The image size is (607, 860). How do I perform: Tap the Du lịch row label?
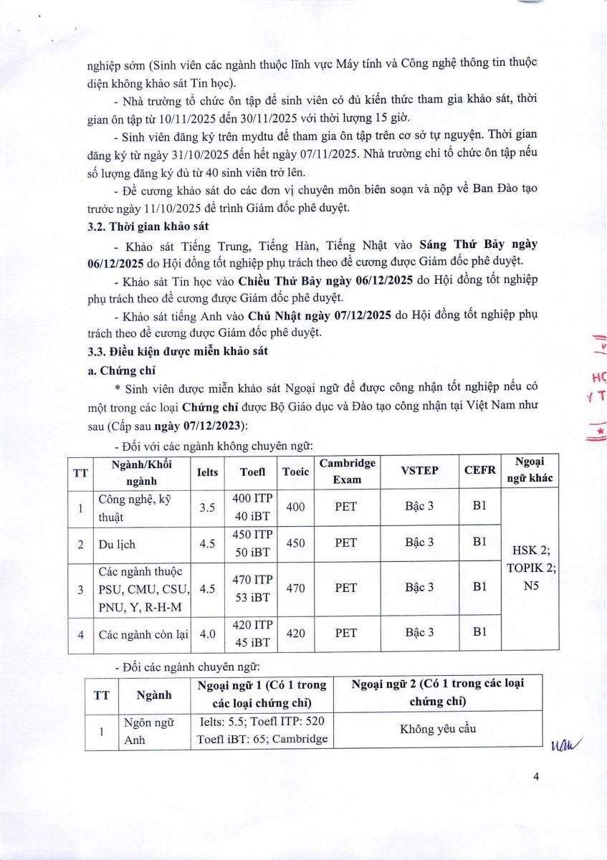[x=118, y=544]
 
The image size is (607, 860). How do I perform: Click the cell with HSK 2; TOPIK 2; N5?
[x=532, y=570]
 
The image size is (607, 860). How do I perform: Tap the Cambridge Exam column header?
[x=347, y=472]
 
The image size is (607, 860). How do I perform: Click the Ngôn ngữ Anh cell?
[x=140, y=731]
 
